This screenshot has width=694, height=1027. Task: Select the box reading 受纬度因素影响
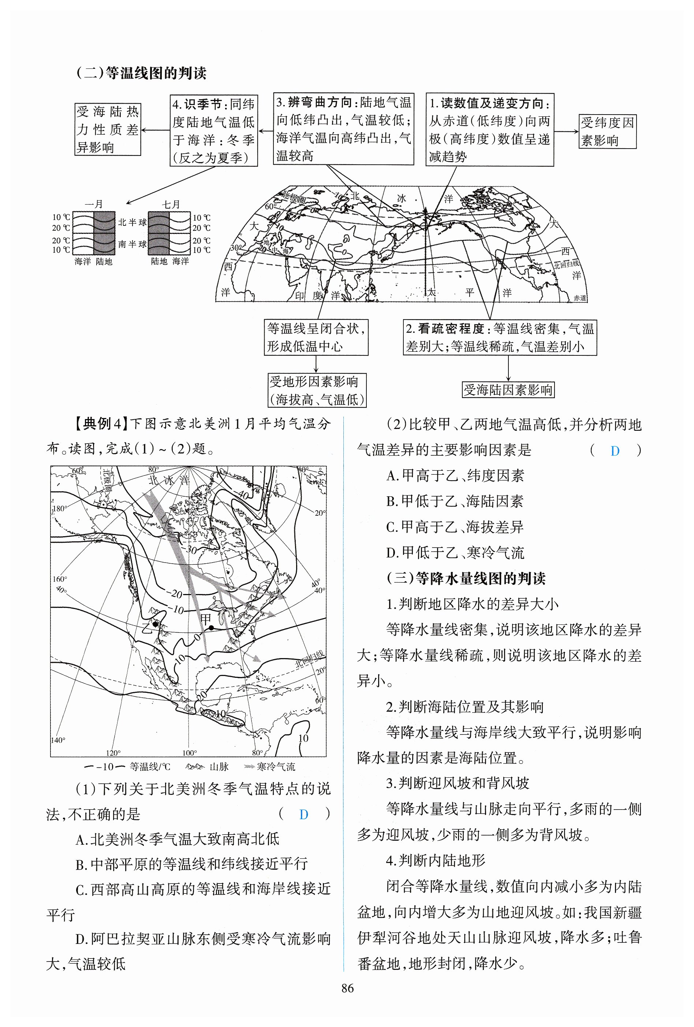[607, 131]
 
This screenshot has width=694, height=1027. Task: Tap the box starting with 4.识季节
[213, 130]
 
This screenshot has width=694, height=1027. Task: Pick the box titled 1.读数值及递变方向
[489, 130]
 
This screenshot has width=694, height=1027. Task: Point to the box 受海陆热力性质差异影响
[107, 129]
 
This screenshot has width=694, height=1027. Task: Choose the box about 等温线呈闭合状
[316, 337]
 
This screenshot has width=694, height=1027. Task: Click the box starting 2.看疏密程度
[500, 337]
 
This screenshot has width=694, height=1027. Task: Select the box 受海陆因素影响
[508, 390]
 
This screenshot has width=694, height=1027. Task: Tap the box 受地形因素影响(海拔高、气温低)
[317, 390]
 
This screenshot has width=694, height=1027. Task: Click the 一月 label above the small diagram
[94, 204]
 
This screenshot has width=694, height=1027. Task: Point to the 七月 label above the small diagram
[171, 204]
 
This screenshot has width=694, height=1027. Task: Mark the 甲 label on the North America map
[206, 619]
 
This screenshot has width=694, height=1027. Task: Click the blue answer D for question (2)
[615, 451]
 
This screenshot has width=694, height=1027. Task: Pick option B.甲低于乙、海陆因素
[455, 501]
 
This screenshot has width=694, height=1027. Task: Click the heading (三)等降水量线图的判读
[466, 578]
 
